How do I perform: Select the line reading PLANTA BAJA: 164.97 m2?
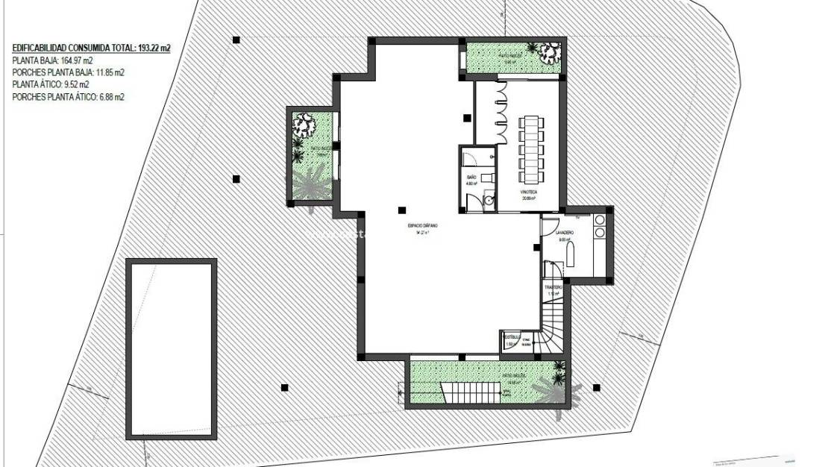[x=52, y=60]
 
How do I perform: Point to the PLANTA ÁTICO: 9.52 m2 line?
[x=51, y=85]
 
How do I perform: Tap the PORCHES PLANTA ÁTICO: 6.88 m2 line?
[x=68, y=97]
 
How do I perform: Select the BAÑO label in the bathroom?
[x=471, y=178]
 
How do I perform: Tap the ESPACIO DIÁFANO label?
[x=422, y=225]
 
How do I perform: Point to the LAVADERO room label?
[x=565, y=233]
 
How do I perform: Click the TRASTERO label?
[x=553, y=286]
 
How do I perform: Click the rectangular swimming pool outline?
[x=172, y=348]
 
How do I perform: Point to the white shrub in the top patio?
[x=551, y=53]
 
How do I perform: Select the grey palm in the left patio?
[x=309, y=184]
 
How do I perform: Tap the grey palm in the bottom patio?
[x=553, y=388]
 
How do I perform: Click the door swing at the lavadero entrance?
[x=549, y=223]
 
